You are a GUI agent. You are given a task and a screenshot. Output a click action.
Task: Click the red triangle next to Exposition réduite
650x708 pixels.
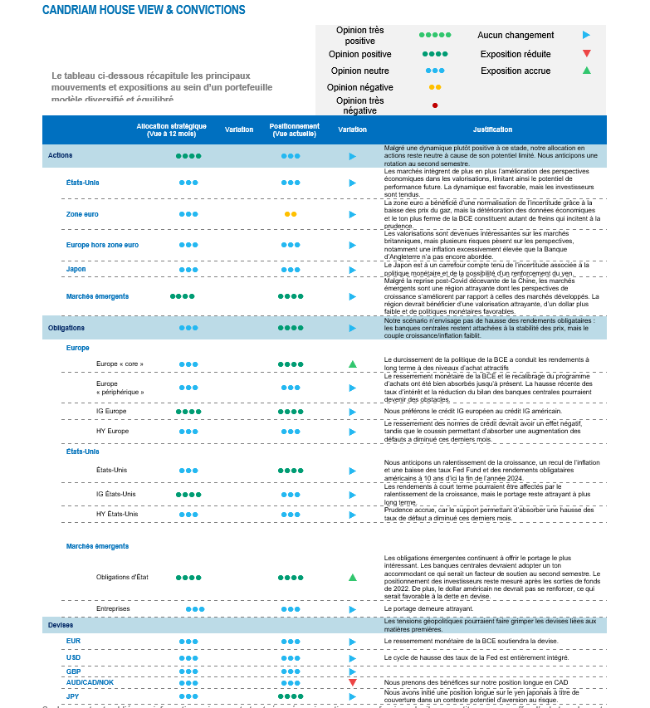click(586, 54)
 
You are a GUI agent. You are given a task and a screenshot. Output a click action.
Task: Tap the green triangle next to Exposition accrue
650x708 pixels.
click(586, 71)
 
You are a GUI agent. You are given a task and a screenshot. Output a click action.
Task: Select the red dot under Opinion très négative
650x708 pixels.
click(434, 105)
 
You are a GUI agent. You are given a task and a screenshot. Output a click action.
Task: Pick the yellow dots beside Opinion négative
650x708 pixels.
click(434, 87)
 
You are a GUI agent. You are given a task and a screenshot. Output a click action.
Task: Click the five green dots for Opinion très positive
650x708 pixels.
click(434, 36)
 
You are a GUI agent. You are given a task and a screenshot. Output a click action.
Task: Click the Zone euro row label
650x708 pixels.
click(82, 214)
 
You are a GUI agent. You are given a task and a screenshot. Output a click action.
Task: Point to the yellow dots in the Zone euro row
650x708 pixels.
click(291, 214)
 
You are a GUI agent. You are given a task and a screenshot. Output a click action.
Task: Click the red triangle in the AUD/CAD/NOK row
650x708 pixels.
click(353, 682)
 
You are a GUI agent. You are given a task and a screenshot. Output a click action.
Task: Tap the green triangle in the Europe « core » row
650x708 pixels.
click(353, 364)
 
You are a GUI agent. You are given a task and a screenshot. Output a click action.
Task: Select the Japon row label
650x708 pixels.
click(76, 269)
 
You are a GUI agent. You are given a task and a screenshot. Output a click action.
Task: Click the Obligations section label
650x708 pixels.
click(66, 328)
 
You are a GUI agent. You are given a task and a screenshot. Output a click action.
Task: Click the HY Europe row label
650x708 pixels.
click(112, 432)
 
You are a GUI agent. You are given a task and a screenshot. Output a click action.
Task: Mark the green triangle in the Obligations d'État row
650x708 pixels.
click(353, 577)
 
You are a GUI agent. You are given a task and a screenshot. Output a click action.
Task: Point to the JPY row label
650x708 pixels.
click(73, 696)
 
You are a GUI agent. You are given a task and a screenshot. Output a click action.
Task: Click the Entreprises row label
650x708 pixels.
click(113, 608)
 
